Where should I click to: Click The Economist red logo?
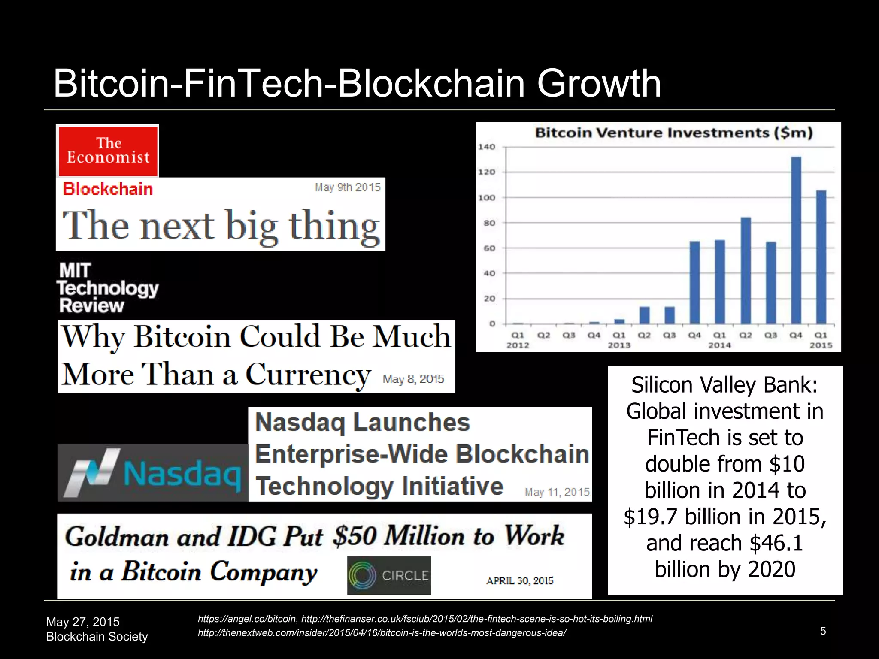click(x=108, y=151)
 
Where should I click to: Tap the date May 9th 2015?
click(x=347, y=187)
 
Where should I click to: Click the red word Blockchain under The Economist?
click(x=108, y=189)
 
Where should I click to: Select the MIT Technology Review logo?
click(x=107, y=288)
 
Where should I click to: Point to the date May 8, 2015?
click(x=413, y=379)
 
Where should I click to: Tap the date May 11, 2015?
click(x=557, y=492)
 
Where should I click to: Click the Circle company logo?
click(x=388, y=575)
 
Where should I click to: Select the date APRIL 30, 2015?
click(x=519, y=581)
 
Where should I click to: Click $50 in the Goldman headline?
click(x=355, y=536)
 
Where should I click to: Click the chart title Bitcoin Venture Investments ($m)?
click(x=673, y=133)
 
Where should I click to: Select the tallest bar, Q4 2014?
click(x=796, y=240)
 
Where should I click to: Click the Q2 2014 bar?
click(x=746, y=270)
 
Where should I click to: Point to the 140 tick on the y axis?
click(x=487, y=147)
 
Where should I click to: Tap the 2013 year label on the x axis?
click(x=619, y=345)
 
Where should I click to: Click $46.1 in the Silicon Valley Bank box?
click(x=776, y=543)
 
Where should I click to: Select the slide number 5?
click(x=823, y=631)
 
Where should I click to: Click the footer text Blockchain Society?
click(x=97, y=637)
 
